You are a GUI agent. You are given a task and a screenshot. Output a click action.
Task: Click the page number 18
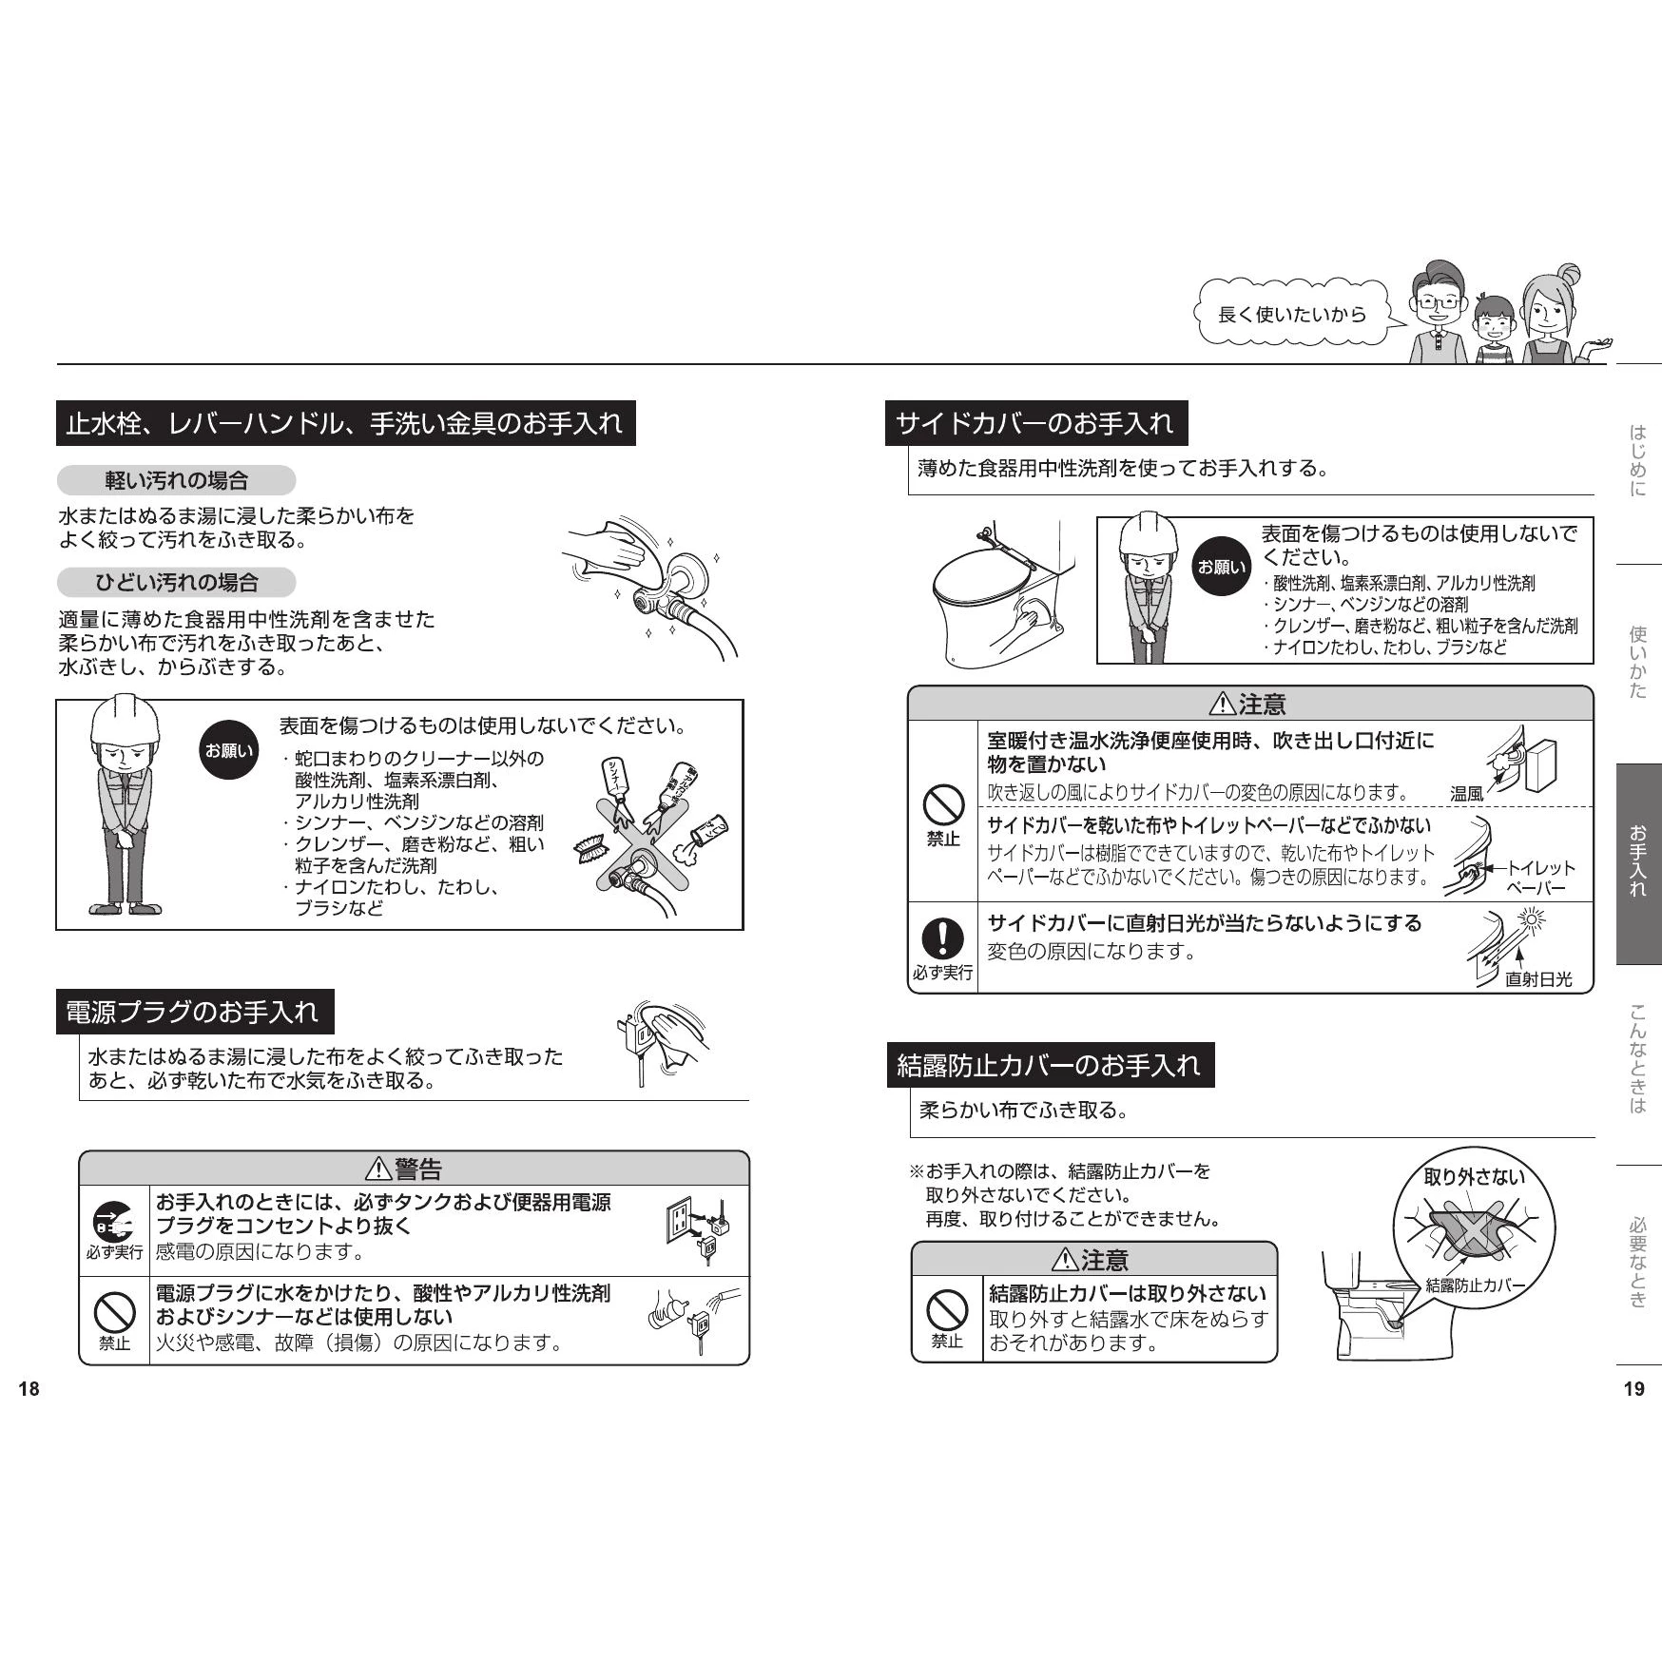(x=29, y=1389)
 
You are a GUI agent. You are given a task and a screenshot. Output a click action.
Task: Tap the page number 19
(x=1633, y=1389)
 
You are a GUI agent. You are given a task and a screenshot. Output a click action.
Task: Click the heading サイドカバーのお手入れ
(x=1035, y=423)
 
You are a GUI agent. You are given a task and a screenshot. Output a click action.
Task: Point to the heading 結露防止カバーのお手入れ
(x=1050, y=1065)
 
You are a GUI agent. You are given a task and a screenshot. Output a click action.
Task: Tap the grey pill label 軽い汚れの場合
(x=176, y=481)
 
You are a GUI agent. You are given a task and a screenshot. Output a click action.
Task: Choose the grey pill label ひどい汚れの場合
(x=176, y=582)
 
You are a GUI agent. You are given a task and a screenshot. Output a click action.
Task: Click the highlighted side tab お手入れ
(x=1638, y=863)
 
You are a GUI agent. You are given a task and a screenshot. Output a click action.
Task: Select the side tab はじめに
(x=1638, y=462)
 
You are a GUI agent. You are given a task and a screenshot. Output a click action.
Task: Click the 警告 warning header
(x=414, y=1168)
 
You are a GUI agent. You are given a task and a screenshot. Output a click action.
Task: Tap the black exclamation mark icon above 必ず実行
(x=942, y=938)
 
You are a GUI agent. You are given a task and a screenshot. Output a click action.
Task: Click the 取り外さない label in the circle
(x=1474, y=1177)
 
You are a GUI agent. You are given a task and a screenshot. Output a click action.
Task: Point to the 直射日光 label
(x=1538, y=979)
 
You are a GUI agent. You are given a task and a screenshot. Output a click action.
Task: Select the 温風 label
(x=1466, y=794)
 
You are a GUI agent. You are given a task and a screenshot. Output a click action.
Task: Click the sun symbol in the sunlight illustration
(x=1532, y=920)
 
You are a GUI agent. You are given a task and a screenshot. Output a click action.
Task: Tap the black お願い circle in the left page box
(x=229, y=751)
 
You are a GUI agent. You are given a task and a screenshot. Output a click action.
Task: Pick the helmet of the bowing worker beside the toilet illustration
(x=1150, y=536)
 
